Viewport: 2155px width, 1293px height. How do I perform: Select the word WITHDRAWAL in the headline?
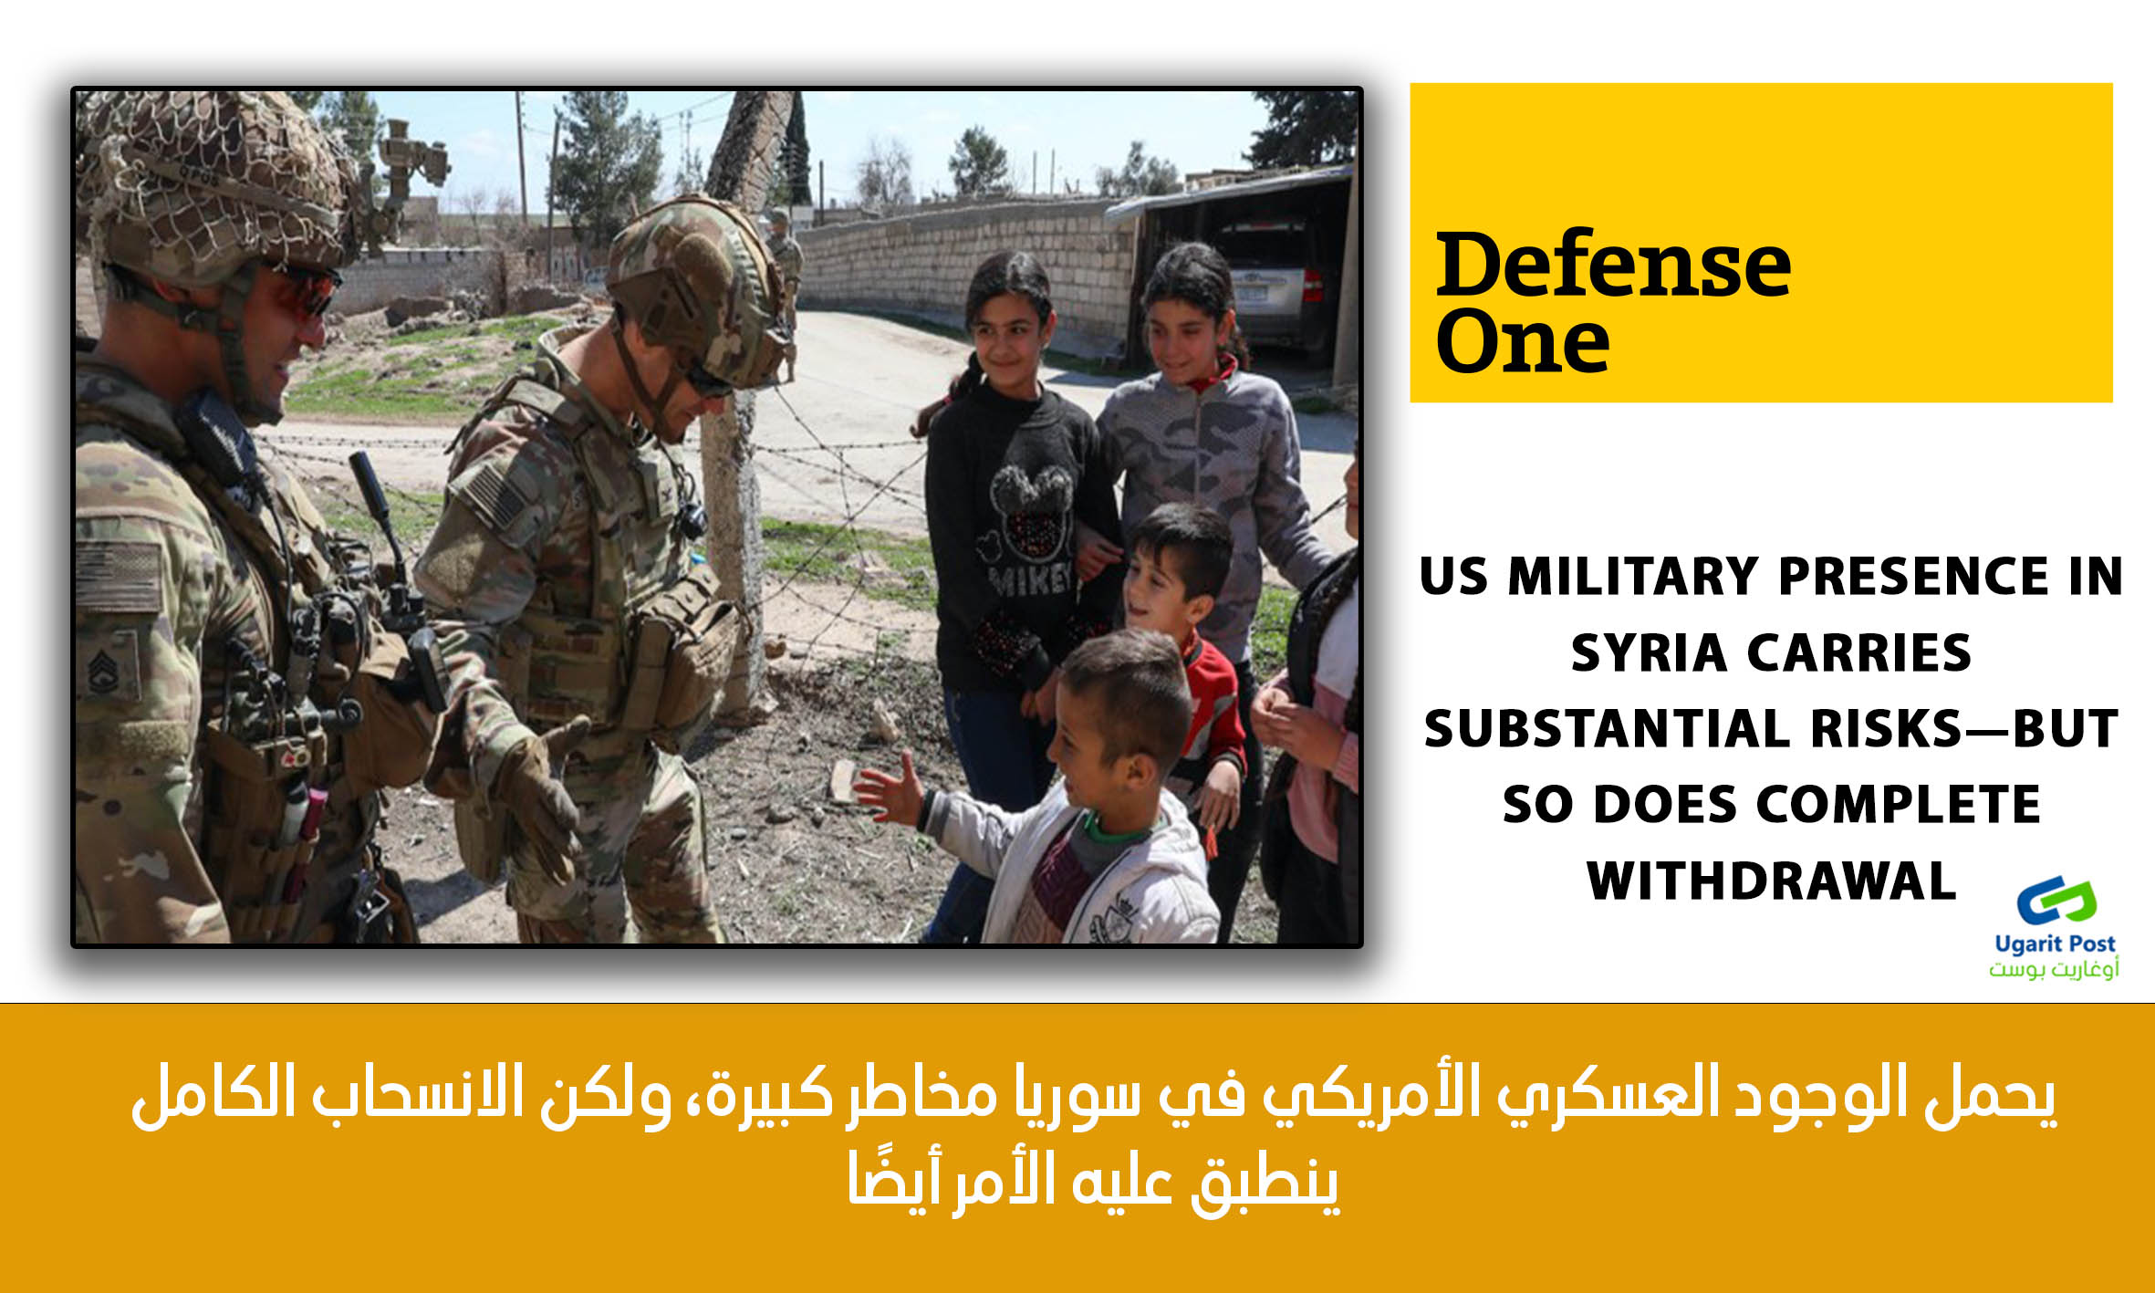[1771, 881]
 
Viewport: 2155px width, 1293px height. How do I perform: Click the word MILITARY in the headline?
[1633, 577]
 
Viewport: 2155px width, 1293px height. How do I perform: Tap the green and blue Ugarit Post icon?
[2056, 902]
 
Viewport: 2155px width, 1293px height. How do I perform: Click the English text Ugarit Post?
[2055, 944]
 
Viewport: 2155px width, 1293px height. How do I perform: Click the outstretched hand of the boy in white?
[887, 786]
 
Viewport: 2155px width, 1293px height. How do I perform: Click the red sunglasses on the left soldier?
[303, 291]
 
